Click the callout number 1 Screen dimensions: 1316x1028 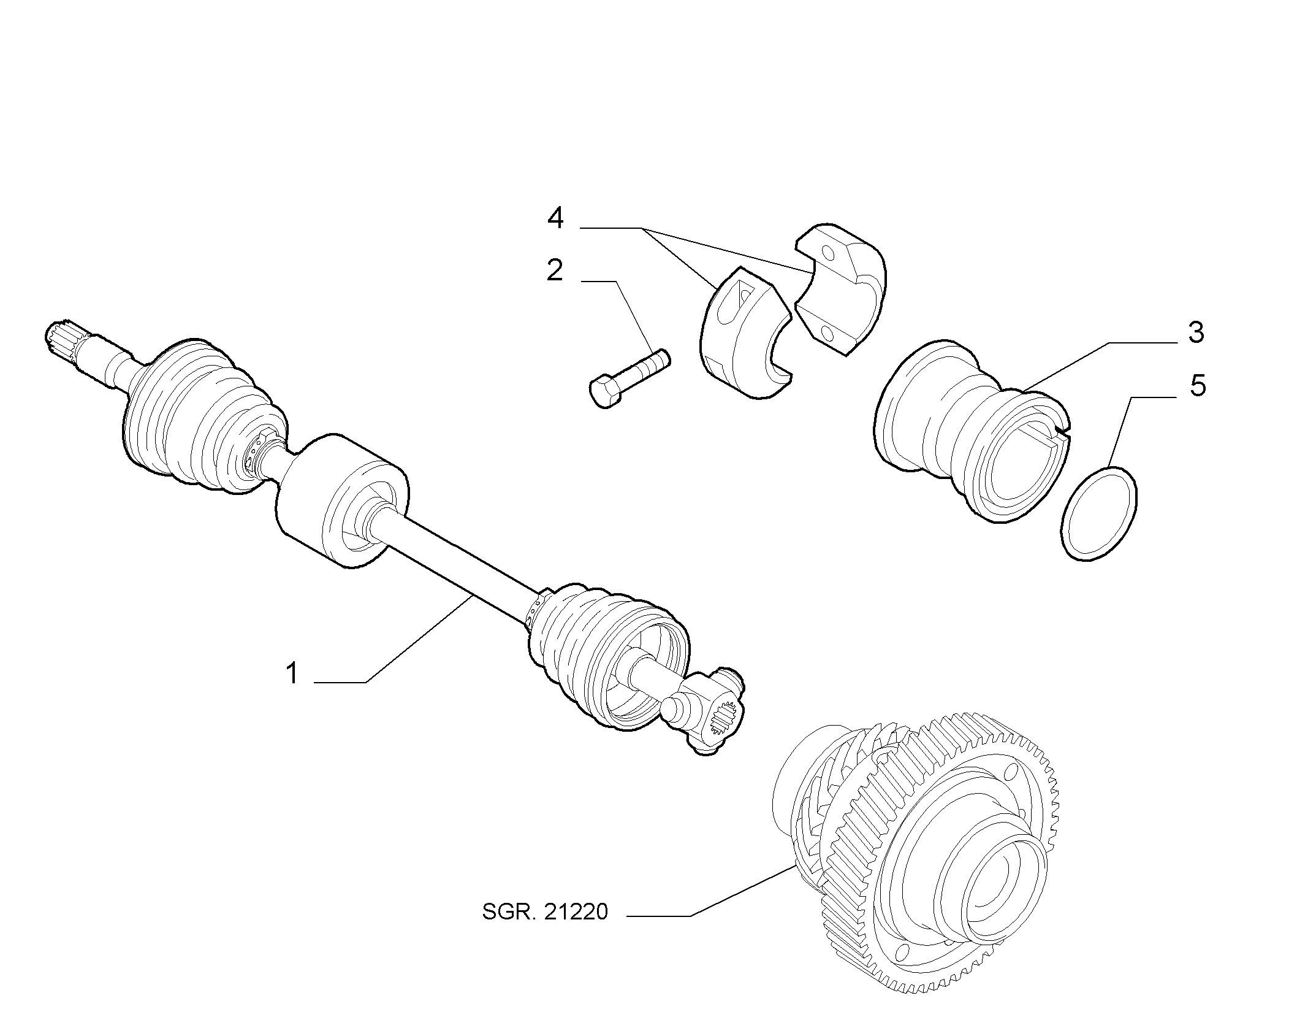coord(292,673)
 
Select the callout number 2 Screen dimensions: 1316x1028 coord(555,270)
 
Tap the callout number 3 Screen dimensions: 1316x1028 coord(1196,333)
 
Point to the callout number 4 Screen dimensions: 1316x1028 coord(555,218)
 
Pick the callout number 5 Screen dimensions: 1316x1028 coord(1196,385)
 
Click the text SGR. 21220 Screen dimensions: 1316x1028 coord(545,929)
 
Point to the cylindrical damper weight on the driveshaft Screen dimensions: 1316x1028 coord(341,500)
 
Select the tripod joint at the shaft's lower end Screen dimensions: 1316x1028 coord(705,709)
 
